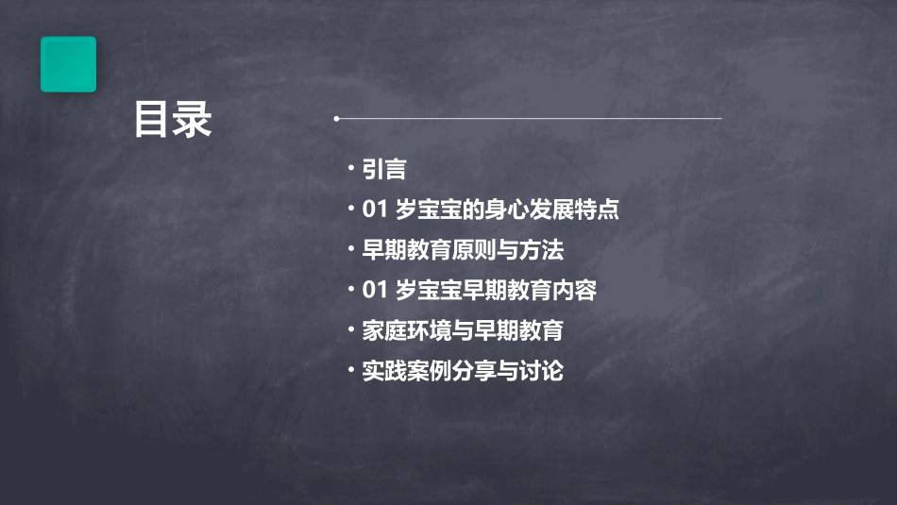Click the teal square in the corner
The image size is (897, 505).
pyautogui.click(x=68, y=64)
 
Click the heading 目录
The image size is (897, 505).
pyautogui.click(x=173, y=120)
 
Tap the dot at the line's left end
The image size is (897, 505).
pyautogui.click(x=336, y=119)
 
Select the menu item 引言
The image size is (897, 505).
pyautogui.click(x=383, y=170)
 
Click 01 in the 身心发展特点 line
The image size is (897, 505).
pyautogui.click(x=374, y=210)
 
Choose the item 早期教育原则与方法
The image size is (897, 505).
pyautogui.click(x=462, y=250)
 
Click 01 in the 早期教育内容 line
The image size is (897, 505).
pyautogui.click(x=374, y=291)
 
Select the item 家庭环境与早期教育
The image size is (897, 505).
pyautogui.click(x=462, y=331)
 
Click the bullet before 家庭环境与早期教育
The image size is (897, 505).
pyautogui.click(x=350, y=329)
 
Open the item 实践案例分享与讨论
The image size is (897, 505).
pyautogui.click(x=462, y=371)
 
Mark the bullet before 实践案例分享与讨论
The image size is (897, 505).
pyautogui.click(x=350, y=369)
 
